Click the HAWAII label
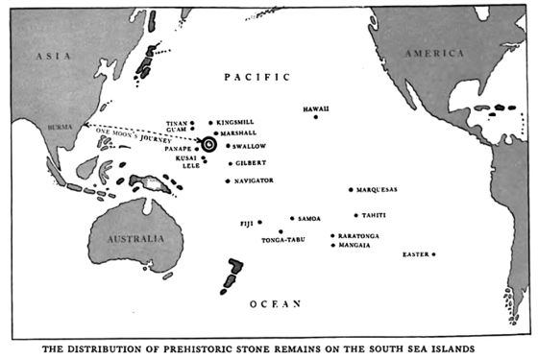(x=316, y=108)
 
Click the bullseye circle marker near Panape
(x=209, y=144)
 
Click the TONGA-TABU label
(x=283, y=239)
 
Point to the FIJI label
(x=246, y=223)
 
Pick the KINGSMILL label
(x=236, y=123)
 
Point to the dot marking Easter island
(x=434, y=254)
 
